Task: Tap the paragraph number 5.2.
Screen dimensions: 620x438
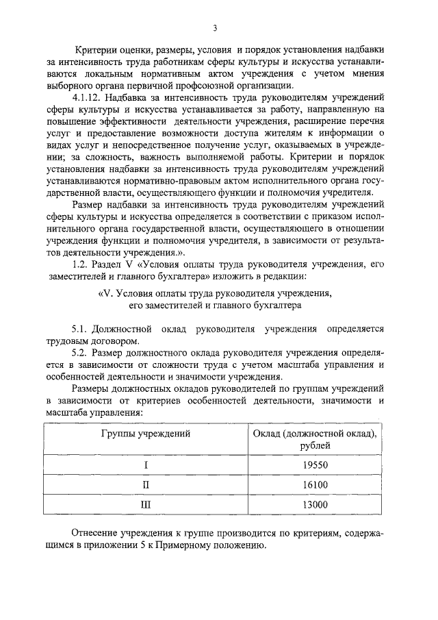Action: click(83, 353)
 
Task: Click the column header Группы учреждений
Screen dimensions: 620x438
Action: click(146, 434)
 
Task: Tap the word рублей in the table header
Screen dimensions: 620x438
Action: click(315, 446)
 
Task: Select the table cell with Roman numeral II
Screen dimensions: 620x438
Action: click(146, 485)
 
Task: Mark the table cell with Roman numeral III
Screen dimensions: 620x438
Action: click(146, 505)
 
